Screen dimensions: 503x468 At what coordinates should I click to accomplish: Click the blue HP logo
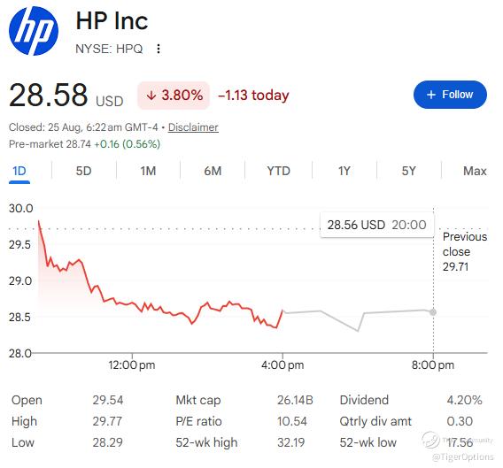point(34,31)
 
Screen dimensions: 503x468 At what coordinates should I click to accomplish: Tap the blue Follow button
point(450,95)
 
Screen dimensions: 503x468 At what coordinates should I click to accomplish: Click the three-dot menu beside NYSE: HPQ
point(159,49)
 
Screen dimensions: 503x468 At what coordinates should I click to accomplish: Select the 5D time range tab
point(84,171)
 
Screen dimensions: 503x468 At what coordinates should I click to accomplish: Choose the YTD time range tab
point(278,171)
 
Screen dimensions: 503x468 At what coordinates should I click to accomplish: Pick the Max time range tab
point(475,171)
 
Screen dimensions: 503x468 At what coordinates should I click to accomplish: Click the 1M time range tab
point(148,171)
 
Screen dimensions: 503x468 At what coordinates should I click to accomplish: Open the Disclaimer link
point(193,127)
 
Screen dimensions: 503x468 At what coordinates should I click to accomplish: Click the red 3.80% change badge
point(174,96)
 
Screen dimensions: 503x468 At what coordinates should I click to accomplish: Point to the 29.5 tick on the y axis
point(19,244)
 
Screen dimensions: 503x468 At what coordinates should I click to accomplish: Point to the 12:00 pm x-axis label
point(132,364)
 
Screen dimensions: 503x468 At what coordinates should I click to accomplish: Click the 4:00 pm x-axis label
point(282,364)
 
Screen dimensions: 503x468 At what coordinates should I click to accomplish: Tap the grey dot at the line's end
point(433,312)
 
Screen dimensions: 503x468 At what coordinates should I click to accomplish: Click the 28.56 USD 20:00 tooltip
point(376,225)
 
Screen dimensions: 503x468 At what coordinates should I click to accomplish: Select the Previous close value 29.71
point(455,266)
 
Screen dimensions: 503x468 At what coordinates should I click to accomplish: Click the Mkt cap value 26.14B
point(295,400)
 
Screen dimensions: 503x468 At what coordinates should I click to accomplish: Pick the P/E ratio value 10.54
point(292,421)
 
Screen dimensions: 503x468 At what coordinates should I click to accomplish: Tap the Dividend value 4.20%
point(464,400)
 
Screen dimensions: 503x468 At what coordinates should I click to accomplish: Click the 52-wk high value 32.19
point(291,442)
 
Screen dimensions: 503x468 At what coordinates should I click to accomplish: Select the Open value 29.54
point(108,400)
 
